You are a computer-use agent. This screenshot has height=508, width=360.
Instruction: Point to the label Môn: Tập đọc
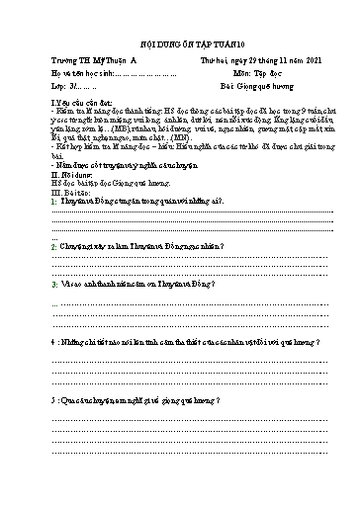[258, 76]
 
